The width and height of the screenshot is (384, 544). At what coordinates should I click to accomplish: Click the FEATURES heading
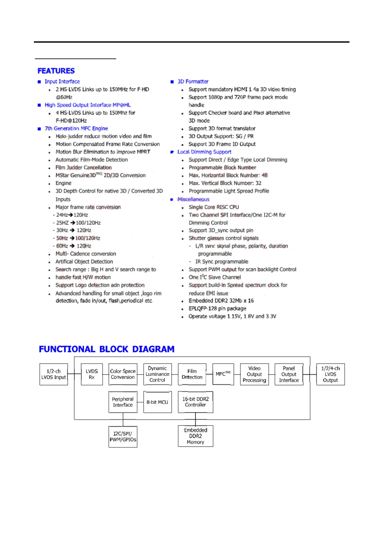[x=56, y=71]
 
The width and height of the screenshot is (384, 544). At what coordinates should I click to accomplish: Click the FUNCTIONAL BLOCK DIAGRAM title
[x=106, y=349]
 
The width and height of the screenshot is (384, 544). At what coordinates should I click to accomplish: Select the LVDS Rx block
[x=92, y=374]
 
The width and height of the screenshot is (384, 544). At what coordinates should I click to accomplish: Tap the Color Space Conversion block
[x=123, y=374]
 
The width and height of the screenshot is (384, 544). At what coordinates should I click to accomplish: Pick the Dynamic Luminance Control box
[x=157, y=374]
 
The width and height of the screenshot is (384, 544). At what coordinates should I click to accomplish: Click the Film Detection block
[x=192, y=374]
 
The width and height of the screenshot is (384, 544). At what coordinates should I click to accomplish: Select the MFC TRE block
[x=223, y=374]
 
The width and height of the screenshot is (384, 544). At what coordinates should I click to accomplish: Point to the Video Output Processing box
[x=254, y=374]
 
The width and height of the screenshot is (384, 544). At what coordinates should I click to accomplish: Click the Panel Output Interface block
[x=289, y=374]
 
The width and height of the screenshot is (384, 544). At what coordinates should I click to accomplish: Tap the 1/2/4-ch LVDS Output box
[x=330, y=374]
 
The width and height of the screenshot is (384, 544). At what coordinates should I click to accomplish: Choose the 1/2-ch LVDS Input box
[x=54, y=374]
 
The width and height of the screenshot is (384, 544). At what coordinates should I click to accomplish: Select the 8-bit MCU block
[x=157, y=402]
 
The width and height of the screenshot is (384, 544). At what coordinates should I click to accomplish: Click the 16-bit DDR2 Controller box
[x=196, y=402]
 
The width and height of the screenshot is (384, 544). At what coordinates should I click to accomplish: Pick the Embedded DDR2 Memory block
[x=196, y=436]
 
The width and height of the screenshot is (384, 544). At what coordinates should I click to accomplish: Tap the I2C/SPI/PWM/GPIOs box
[x=123, y=437]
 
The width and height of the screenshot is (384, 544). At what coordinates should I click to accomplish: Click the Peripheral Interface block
[x=123, y=402]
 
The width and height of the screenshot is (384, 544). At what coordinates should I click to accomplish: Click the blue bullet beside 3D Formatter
[x=172, y=82]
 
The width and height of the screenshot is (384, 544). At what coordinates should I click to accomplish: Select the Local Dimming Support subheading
[x=204, y=152]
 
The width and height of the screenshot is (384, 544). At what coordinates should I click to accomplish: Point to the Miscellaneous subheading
[x=193, y=199]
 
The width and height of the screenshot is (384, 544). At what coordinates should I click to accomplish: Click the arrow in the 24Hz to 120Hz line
[x=71, y=215]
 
